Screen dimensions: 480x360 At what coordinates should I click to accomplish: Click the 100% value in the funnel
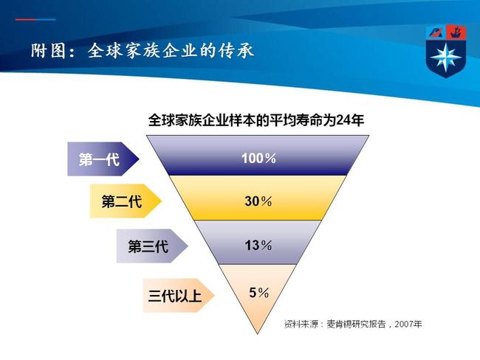click(258, 158)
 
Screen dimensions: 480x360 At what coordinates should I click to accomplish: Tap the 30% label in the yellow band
click(258, 201)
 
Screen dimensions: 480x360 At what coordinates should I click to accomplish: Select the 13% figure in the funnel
click(258, 246)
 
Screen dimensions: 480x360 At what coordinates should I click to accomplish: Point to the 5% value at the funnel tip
click(259, 293)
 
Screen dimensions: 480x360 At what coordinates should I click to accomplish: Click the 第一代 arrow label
click(103, 159)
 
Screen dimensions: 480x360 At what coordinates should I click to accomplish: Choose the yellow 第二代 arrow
click(126, 201)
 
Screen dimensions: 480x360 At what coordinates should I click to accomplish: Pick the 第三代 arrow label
click(152, 246)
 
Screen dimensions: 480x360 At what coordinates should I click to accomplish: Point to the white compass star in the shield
click(445, 58)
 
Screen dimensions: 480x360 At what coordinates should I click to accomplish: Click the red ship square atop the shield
click(456, 32)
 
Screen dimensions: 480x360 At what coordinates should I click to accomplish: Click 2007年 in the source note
click(408, 324)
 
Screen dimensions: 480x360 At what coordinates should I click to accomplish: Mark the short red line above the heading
click(25, 20)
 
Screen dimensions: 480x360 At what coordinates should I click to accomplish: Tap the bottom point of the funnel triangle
click(258, 333)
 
